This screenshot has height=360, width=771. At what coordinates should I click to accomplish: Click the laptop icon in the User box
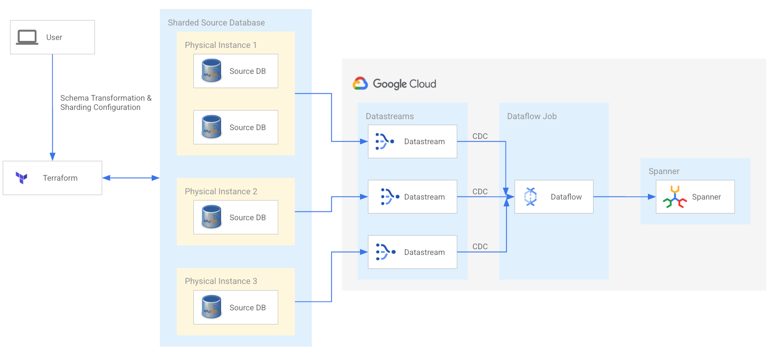coord(27,37)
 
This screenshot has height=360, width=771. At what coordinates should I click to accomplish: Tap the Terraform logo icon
coord(22,178)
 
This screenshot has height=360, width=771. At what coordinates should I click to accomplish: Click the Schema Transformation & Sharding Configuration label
coord(105,102)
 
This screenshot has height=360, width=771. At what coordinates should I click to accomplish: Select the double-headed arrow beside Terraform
coord(131,178)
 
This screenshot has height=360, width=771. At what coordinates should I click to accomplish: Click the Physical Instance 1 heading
coord(221,45)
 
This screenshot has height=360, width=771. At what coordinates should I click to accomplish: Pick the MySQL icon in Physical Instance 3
coord(211,307)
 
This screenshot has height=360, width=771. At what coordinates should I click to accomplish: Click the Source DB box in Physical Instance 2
coord(236,217)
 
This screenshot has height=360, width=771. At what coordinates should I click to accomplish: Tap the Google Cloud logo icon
coord(360,84)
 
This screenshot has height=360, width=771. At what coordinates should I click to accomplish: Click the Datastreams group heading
coord(389,116)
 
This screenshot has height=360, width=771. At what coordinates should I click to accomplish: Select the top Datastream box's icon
coord(385,142)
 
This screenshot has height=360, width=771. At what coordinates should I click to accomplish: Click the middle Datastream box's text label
coord(424,197)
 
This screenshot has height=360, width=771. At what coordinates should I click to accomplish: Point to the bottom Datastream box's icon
coord(385,252)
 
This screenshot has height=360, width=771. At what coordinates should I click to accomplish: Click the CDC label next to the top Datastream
coord(480,136)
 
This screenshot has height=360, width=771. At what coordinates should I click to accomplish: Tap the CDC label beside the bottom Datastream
coord(480,247)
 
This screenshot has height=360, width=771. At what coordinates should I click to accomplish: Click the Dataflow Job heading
coord(531,116)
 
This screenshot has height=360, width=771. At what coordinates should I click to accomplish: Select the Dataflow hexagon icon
coord(531,196)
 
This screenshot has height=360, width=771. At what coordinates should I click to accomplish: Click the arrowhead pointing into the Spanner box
coord(651,197)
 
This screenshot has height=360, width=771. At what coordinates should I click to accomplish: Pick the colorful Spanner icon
coord(675,197)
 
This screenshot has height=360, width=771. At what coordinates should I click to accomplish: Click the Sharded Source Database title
coord(216,22)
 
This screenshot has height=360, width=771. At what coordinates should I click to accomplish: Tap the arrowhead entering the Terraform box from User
coord(52,156)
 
